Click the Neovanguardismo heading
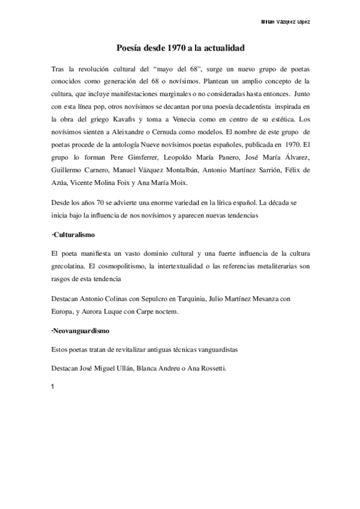coord(81,331)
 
